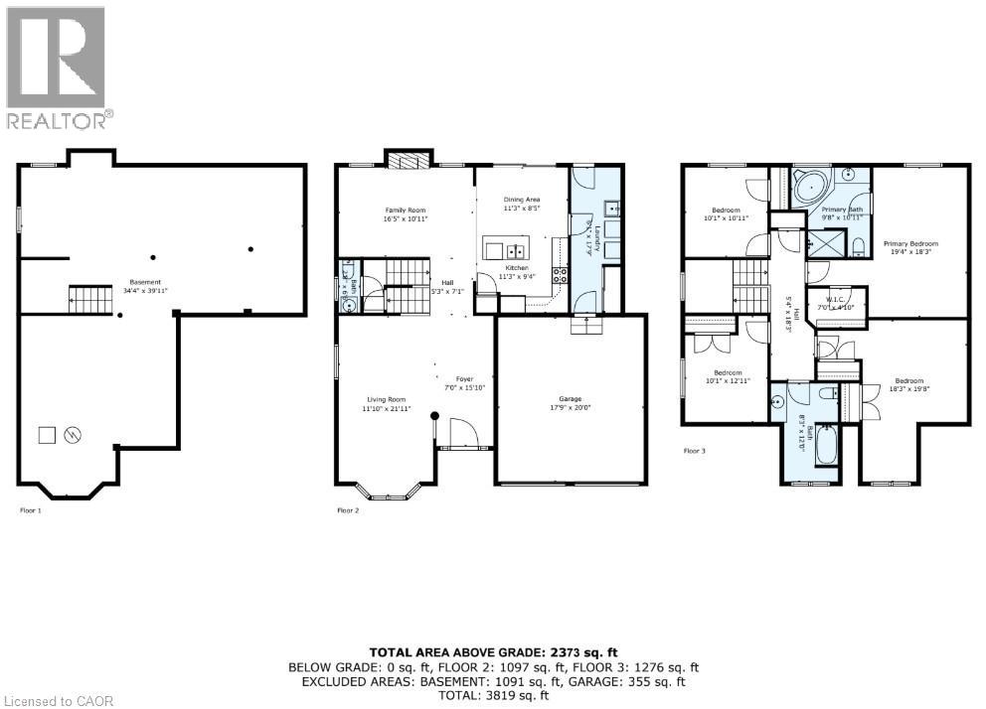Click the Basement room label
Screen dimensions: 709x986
tap(146, 286)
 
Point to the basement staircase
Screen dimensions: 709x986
tap(84, 295)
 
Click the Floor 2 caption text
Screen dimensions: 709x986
tap(348, 510)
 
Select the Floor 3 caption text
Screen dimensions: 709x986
tap(694, 451)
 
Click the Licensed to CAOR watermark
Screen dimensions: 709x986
tap(58, 700)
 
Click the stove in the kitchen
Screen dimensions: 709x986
tap(561, 276)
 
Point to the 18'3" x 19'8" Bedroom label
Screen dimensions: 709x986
tap(908, 385)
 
